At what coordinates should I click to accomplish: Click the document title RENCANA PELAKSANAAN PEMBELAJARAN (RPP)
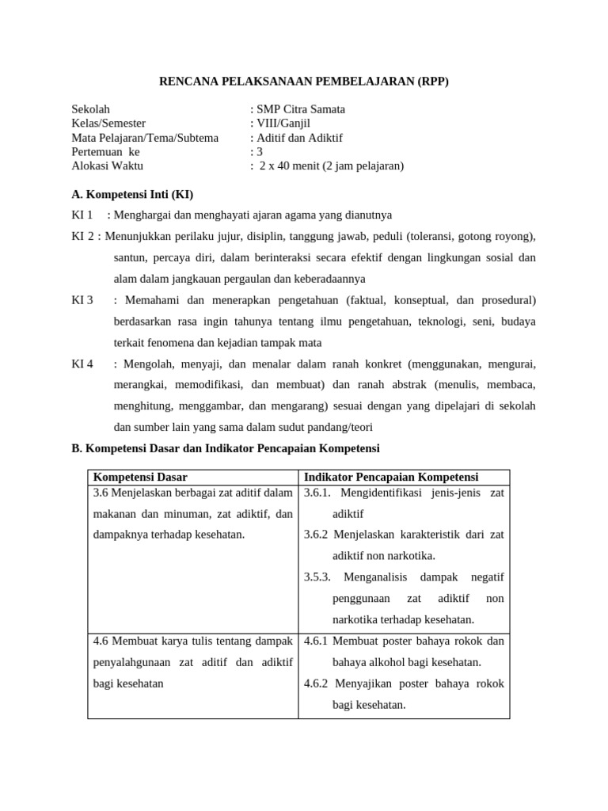click(x=304, y=81)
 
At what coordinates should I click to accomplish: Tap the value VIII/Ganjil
click(x=282, y=124)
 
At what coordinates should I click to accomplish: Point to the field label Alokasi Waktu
click(x=107, y=166)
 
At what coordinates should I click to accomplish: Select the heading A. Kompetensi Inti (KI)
click(x=132, y=194)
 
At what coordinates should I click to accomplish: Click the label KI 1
click(x=82, y=215)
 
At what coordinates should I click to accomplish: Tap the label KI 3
click(x=82, y=300)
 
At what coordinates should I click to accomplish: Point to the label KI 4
click(x=82, y=364)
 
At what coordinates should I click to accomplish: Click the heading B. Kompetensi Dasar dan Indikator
click(x=226, y=448)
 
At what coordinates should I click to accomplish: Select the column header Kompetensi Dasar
click(x=140, y=477)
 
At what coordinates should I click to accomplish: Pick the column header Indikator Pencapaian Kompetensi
click(x=391, y=477)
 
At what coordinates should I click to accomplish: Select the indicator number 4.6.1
click(x=317, y=641)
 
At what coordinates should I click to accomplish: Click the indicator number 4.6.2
click(x=317, y=683)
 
